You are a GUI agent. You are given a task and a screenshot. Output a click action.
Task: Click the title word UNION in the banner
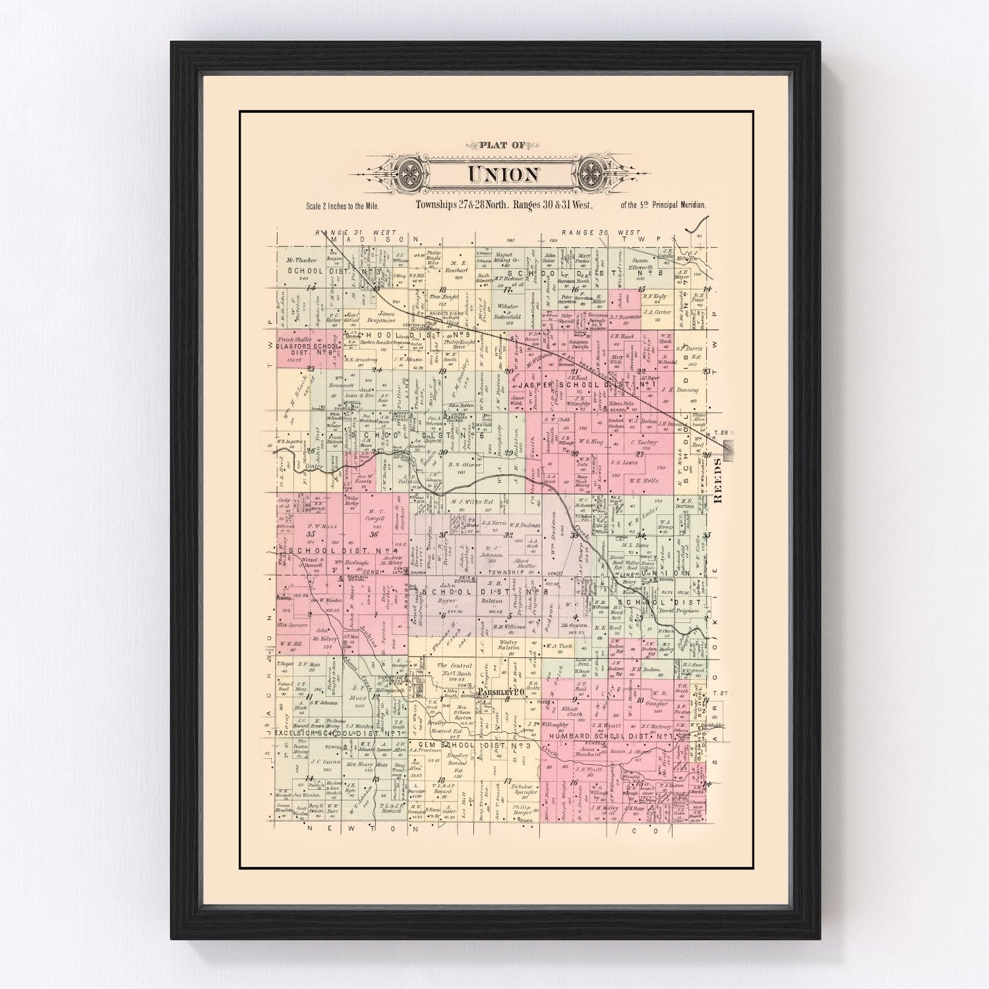(503, 174)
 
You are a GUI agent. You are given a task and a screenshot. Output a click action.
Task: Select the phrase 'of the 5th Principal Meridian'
(663, 205)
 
